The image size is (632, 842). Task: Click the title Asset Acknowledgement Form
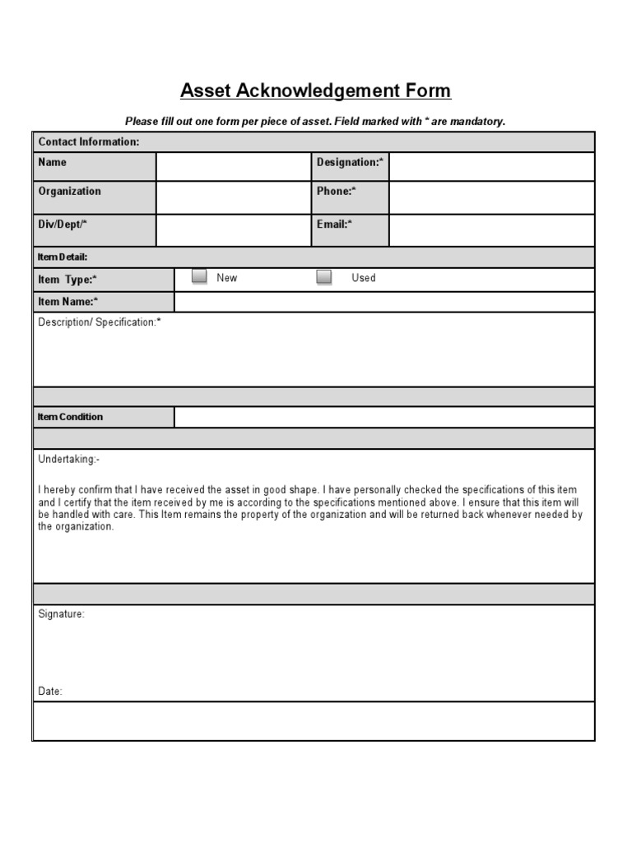[x=315, y=90]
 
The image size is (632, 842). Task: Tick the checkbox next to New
[x=199, y=277]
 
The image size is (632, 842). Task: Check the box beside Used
[x=324, y=277]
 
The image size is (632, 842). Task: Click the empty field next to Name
[x=234, y=166]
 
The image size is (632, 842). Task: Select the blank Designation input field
[x=491, y=166]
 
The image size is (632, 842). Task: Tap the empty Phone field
[x=491, y=197]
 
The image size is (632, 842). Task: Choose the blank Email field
[x=491, y=230]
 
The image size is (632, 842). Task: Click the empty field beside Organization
[x=234, y=197]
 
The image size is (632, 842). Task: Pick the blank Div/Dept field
[x=234, y=230]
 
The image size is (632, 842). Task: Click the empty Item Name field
[x=383, y=302]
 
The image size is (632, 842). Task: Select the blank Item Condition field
[x=383, y=417]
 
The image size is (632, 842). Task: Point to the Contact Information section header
[x=89, y=141]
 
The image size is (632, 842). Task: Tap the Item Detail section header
[x=63, y=257]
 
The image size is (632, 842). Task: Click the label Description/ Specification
[x=100, y=322]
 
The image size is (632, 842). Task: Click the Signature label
[x=61, y=614]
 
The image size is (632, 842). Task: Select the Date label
[x=50, y=692]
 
